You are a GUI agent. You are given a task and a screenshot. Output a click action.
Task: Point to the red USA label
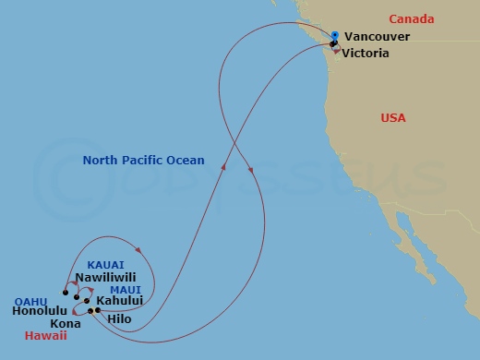pos(394,118)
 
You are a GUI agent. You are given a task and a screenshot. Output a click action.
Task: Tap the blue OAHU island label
pos(32,300)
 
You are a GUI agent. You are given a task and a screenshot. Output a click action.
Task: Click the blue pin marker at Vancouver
pos(335,36)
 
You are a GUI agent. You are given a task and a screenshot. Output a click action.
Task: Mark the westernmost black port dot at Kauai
pos(65,294)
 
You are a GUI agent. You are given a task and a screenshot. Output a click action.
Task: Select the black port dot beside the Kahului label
pos(87,301)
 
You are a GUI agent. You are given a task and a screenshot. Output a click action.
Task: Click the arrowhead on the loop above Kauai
pos(137,249)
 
